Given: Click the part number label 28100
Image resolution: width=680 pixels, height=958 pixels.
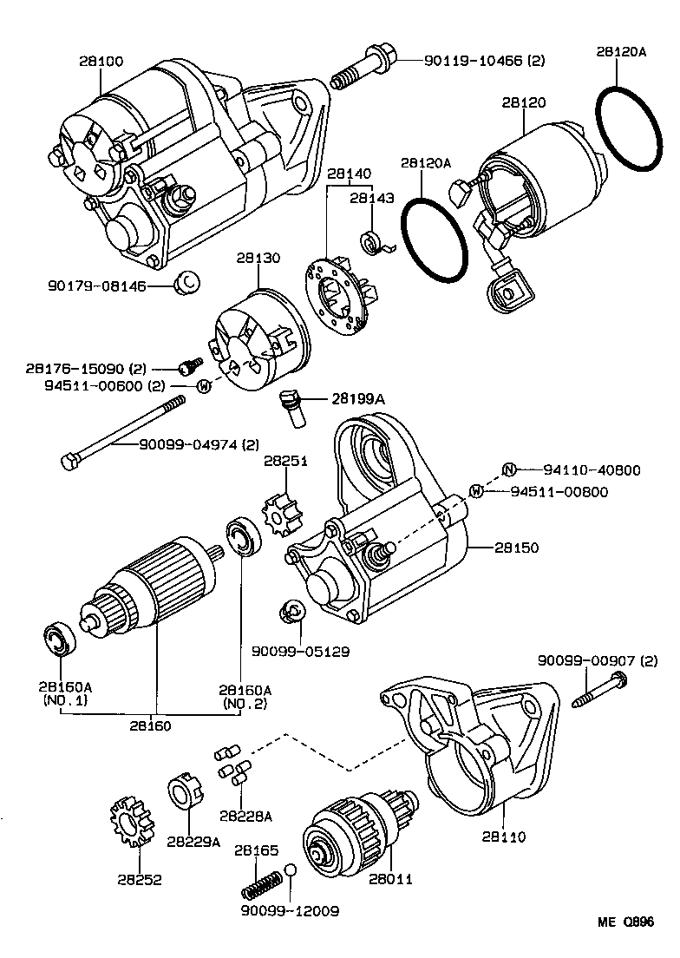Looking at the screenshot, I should coord(101,62).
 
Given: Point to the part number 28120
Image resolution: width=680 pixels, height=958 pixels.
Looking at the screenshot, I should coord(524,102).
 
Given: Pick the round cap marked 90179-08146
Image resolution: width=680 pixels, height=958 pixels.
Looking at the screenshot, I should coord(187,282).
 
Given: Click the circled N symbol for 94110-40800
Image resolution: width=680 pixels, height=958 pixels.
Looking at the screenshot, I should coord(510,470).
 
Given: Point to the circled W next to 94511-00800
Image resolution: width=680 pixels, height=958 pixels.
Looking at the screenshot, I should coord(476,492).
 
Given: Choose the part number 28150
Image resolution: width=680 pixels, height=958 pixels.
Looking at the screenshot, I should coord(517,548).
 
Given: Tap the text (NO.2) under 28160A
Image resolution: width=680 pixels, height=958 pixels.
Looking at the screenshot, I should coord(245,703).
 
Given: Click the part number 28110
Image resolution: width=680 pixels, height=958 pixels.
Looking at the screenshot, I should coord(505,837).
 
